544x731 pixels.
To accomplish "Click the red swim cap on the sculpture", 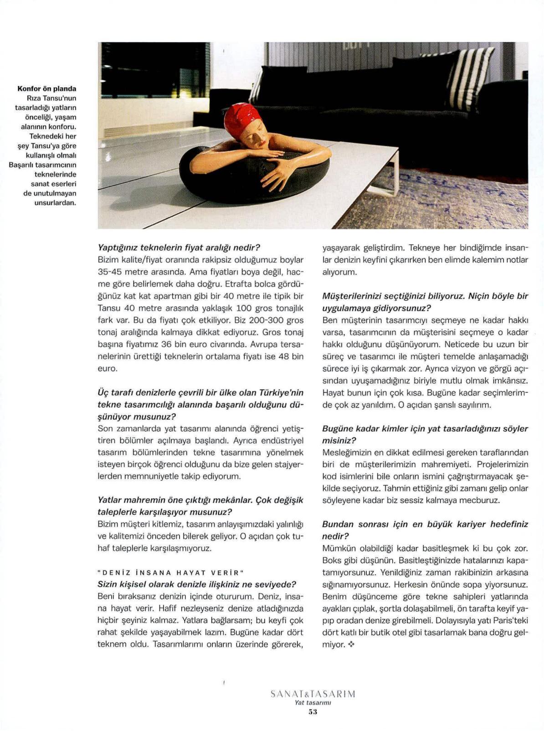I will (241, 118).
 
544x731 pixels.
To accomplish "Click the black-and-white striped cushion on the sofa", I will (469, 73).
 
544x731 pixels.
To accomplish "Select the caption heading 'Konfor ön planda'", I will (47, 89).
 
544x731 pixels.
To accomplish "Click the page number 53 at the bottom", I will (312, 711).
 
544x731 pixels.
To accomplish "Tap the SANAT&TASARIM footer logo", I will (313, 694).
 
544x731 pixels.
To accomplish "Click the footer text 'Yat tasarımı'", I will (313, 703).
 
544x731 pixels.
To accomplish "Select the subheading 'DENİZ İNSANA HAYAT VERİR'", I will (171, 573).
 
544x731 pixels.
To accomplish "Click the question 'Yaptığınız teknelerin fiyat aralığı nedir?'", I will (179, 248).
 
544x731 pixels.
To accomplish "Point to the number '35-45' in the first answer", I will (110, 272).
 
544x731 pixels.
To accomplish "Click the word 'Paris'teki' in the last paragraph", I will (511, 620).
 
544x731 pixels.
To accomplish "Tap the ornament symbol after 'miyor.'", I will (351, 644).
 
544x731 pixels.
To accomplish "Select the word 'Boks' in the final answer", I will (332, 561).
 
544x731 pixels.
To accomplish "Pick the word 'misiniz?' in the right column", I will (339, 441).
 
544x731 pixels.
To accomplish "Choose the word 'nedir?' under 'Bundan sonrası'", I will (335, 536).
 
